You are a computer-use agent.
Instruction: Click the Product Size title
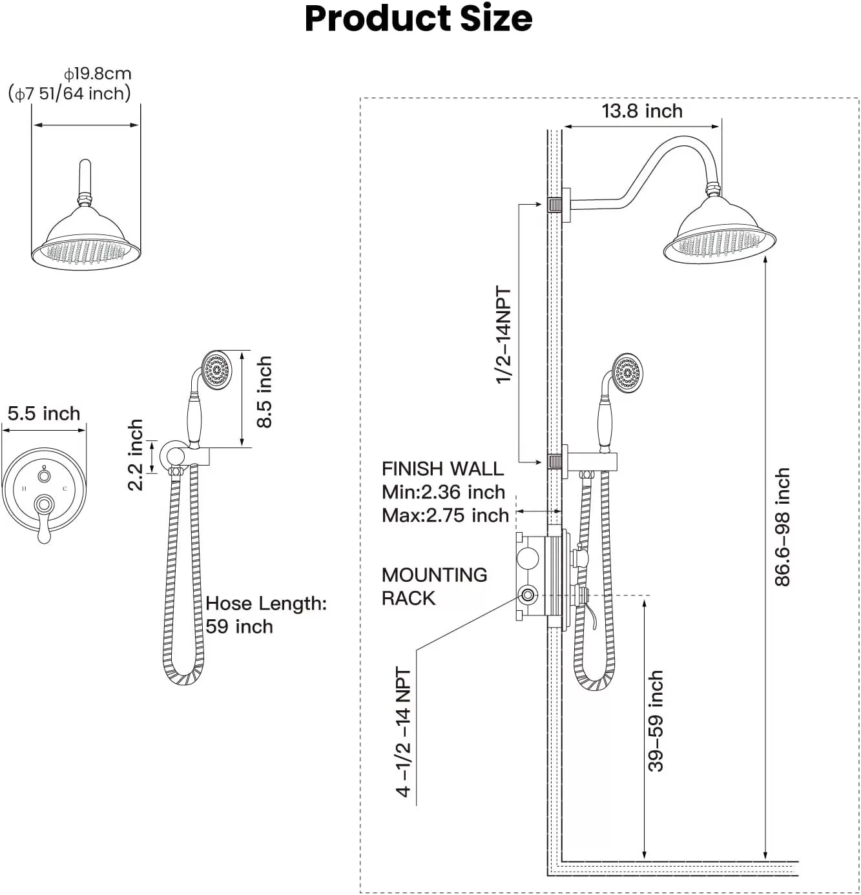point(418,19)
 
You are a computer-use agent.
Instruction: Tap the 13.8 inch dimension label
point(642,111)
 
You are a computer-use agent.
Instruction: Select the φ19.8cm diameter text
point(98,74)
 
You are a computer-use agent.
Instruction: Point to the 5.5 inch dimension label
point(44,413)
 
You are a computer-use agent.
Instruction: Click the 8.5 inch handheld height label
point(264,392)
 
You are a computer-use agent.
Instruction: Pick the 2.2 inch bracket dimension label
point(135,455)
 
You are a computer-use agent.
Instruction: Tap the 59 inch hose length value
point(239,626)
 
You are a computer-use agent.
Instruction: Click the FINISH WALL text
point(442,469)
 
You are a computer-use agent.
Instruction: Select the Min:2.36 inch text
point(443,492)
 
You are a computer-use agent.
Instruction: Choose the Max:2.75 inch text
point(445,515)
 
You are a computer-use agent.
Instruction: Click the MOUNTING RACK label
point(434,586)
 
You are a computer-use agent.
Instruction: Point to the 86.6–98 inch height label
point(782,527)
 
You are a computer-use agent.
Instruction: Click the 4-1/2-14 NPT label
point(403,732)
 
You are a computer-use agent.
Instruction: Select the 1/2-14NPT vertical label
point(503,334)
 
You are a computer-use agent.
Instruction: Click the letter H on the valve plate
point(24,488)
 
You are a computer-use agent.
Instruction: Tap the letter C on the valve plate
point(65,488)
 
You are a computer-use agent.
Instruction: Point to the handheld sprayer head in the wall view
point(627,373)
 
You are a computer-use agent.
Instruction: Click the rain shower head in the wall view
point(720,231)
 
